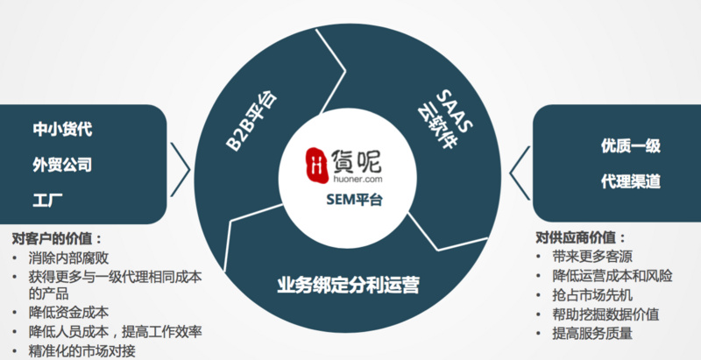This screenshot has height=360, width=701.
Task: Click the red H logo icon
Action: [x=317, y=162]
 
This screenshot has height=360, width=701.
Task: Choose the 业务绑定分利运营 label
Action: [x=348, y=285]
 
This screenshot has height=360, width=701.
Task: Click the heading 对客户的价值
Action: [x=57, y=237]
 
